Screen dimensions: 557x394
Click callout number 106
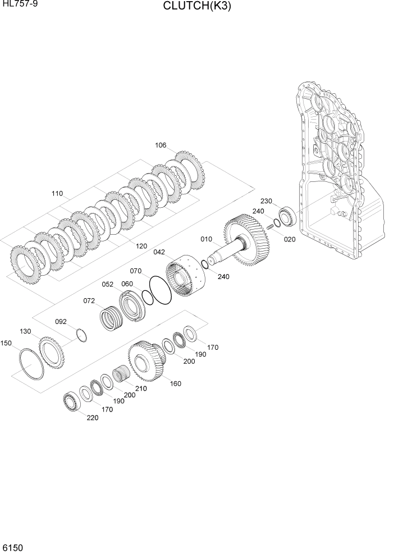point(161,145)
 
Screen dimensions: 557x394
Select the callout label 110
point(57,194)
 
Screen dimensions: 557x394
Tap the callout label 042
point(160,252)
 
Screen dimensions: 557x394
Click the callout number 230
point(265,201)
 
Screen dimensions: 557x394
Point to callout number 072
point(89,301)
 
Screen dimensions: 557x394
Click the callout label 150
point(6,343)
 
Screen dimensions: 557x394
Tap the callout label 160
point(175,384)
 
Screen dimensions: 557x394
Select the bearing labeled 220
point(71,400)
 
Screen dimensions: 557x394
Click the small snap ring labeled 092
point(83,335)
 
